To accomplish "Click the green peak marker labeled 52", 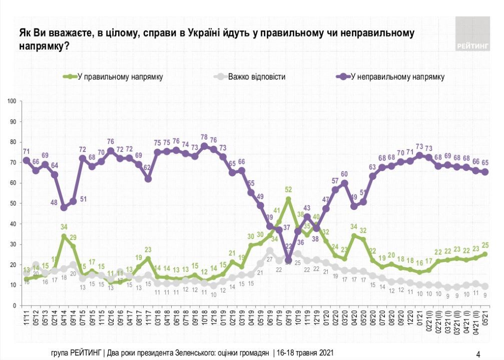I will point(288,199).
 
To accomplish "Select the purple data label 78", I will point(204,137).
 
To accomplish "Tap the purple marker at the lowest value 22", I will point(288,260).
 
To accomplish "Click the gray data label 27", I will point(270,259).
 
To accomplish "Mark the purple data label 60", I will point(344,174).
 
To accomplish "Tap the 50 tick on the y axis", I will point(14,203).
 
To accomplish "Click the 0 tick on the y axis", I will point(15,305).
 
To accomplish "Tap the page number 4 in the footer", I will point(478,354).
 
